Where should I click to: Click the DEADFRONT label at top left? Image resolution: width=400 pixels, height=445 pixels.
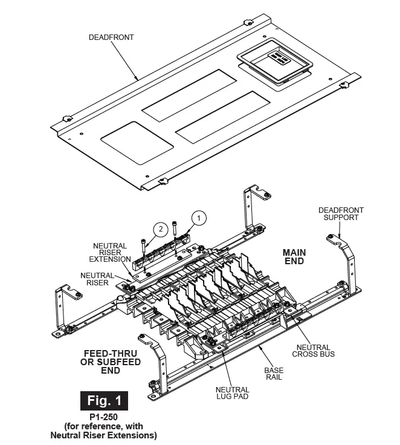(111, 37)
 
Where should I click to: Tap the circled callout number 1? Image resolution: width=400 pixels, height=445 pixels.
(200, 216)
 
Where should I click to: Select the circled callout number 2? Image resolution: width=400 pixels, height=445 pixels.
(160, 229)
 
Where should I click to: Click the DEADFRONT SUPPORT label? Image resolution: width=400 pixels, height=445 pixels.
(341, 214)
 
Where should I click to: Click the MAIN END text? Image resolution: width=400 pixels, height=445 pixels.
(294, 256)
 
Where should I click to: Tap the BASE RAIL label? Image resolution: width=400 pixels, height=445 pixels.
(274, 373)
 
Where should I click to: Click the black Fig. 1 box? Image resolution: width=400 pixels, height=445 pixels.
(104, 400)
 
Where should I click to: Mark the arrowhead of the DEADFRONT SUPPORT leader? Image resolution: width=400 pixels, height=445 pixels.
(342, 237)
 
